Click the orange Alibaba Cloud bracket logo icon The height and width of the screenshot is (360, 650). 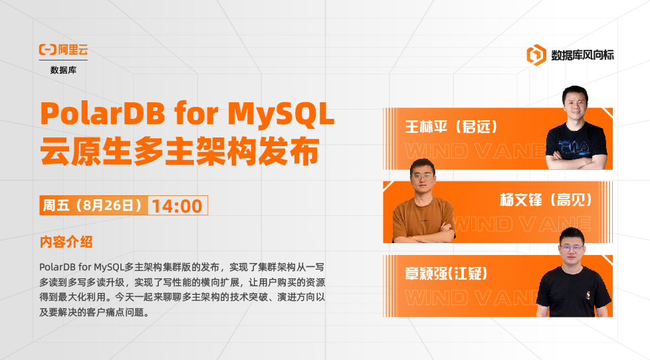click(47, 50)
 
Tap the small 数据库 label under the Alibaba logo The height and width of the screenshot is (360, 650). click(63, 70)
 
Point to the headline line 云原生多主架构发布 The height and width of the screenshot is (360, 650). click(179, 151)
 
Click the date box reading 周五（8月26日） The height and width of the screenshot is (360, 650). click(94, 205)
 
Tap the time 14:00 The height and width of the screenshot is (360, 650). click(177, 206)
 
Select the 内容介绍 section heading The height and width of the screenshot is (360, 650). click(66, 242)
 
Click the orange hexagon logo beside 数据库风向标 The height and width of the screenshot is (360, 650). click(536, 54)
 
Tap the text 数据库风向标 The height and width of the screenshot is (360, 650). click(582, 55)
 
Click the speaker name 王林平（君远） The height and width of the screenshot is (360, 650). click(451, 127)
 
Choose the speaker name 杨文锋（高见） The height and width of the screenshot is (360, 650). click(546, 200)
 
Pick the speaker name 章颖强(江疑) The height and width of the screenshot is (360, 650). click(446, 274)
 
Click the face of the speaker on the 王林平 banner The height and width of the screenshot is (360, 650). click(576, 105)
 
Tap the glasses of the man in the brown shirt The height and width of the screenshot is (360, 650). click(423, 177)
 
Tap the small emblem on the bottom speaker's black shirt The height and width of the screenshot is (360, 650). click(588, 295)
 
